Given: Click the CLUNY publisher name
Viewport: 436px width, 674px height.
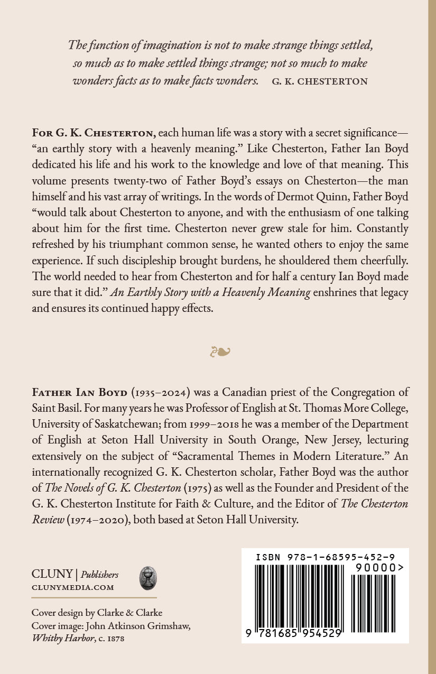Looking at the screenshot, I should (x=52, y=575).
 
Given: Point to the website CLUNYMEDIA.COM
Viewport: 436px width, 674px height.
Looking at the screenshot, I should (x=73, y=587).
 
